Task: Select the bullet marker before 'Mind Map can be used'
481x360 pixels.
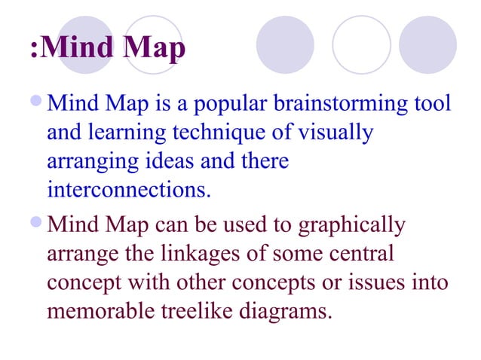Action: pyautogui.click(x=38, y=224)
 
